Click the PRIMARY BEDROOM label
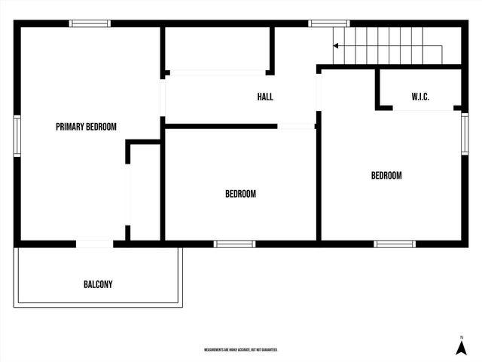(x=86, y=127)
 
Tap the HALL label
(x=265, y=97)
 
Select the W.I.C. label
(x=420, y=97)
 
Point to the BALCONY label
(x=98, y=284)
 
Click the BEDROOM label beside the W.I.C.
(x=386, y=176)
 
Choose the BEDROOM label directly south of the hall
(x=240, y=194)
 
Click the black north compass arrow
(x=461, y=348)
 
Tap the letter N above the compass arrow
(x=461, y=336)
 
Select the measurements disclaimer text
(x=241, y=350)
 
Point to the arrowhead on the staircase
(x=336, y=46)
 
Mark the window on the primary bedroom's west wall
(x=17, y=136)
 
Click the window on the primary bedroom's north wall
(x=90, y=23)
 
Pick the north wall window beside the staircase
(x=324, y=23)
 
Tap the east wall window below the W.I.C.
(x=465, y=133)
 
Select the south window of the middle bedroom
(x=234, y=244)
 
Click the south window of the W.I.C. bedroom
(x=395, y=244)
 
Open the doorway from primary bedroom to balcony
(x=95, y=244)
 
